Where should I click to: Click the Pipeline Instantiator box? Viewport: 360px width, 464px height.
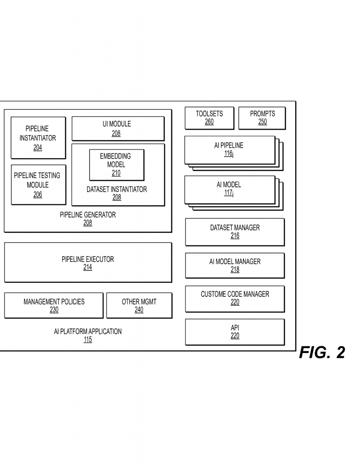tap(38, 138)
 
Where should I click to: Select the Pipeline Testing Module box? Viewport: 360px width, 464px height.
tap(38, 185)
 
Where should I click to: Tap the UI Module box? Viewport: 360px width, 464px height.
tap(118, 129)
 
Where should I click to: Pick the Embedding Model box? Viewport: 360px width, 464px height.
tap(117, 164)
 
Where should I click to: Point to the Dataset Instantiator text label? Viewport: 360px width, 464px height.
tap(117, 189)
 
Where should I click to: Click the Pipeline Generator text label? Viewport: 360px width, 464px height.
tap(88, 215)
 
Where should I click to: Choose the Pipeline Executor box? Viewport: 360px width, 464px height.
tap(88, 263)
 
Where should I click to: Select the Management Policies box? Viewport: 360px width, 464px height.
tap(54, 305)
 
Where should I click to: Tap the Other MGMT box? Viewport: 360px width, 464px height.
tap(139, 305)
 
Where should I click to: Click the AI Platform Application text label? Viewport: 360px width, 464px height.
tap(88, 331)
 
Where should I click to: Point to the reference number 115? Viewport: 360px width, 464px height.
tap(88, 340)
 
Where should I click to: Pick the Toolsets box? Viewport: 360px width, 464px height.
tap(209, 118)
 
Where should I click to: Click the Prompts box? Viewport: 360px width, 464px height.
tap(262, 118)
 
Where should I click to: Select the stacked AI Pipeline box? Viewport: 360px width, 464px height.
tap(229, 150)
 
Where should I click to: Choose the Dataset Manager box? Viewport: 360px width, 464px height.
tap(235, 232)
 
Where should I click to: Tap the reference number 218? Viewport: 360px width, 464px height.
tap(235, 270)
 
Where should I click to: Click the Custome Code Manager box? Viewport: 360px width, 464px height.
tap(235, 298)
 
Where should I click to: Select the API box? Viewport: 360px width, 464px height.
tap(235, 332)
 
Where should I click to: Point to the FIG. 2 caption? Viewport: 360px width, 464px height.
tap(322, 353)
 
